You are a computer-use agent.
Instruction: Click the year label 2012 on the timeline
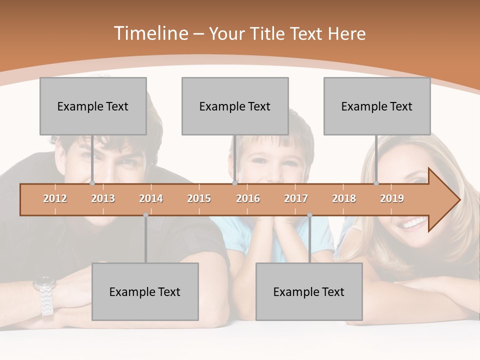pos(55,198)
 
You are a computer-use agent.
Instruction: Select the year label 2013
pos(103,198)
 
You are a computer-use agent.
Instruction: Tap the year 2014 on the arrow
pos(151,198)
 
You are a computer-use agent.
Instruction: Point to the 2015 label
pos(199,198)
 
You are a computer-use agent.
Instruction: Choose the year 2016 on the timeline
pos(248,198)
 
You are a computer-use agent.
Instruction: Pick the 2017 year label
pos(296,198)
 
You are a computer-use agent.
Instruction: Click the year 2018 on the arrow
pos(344,198)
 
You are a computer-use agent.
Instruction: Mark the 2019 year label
pos(392,198)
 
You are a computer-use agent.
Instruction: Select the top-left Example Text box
pos(93,106)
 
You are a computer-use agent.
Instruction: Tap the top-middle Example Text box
pos(235,106)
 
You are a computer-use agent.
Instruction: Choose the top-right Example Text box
pos(377,106)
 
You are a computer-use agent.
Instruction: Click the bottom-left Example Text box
pos(145,292)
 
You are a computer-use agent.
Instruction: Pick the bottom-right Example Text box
pos(309,292)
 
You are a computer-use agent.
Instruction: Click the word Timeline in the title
pos(150,33)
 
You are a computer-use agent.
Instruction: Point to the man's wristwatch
pos(44,295)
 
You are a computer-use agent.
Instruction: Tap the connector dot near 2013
pos(92,183)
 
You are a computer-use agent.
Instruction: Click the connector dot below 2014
pos(145,215)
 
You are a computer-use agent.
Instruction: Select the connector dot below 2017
pos(309,215)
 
